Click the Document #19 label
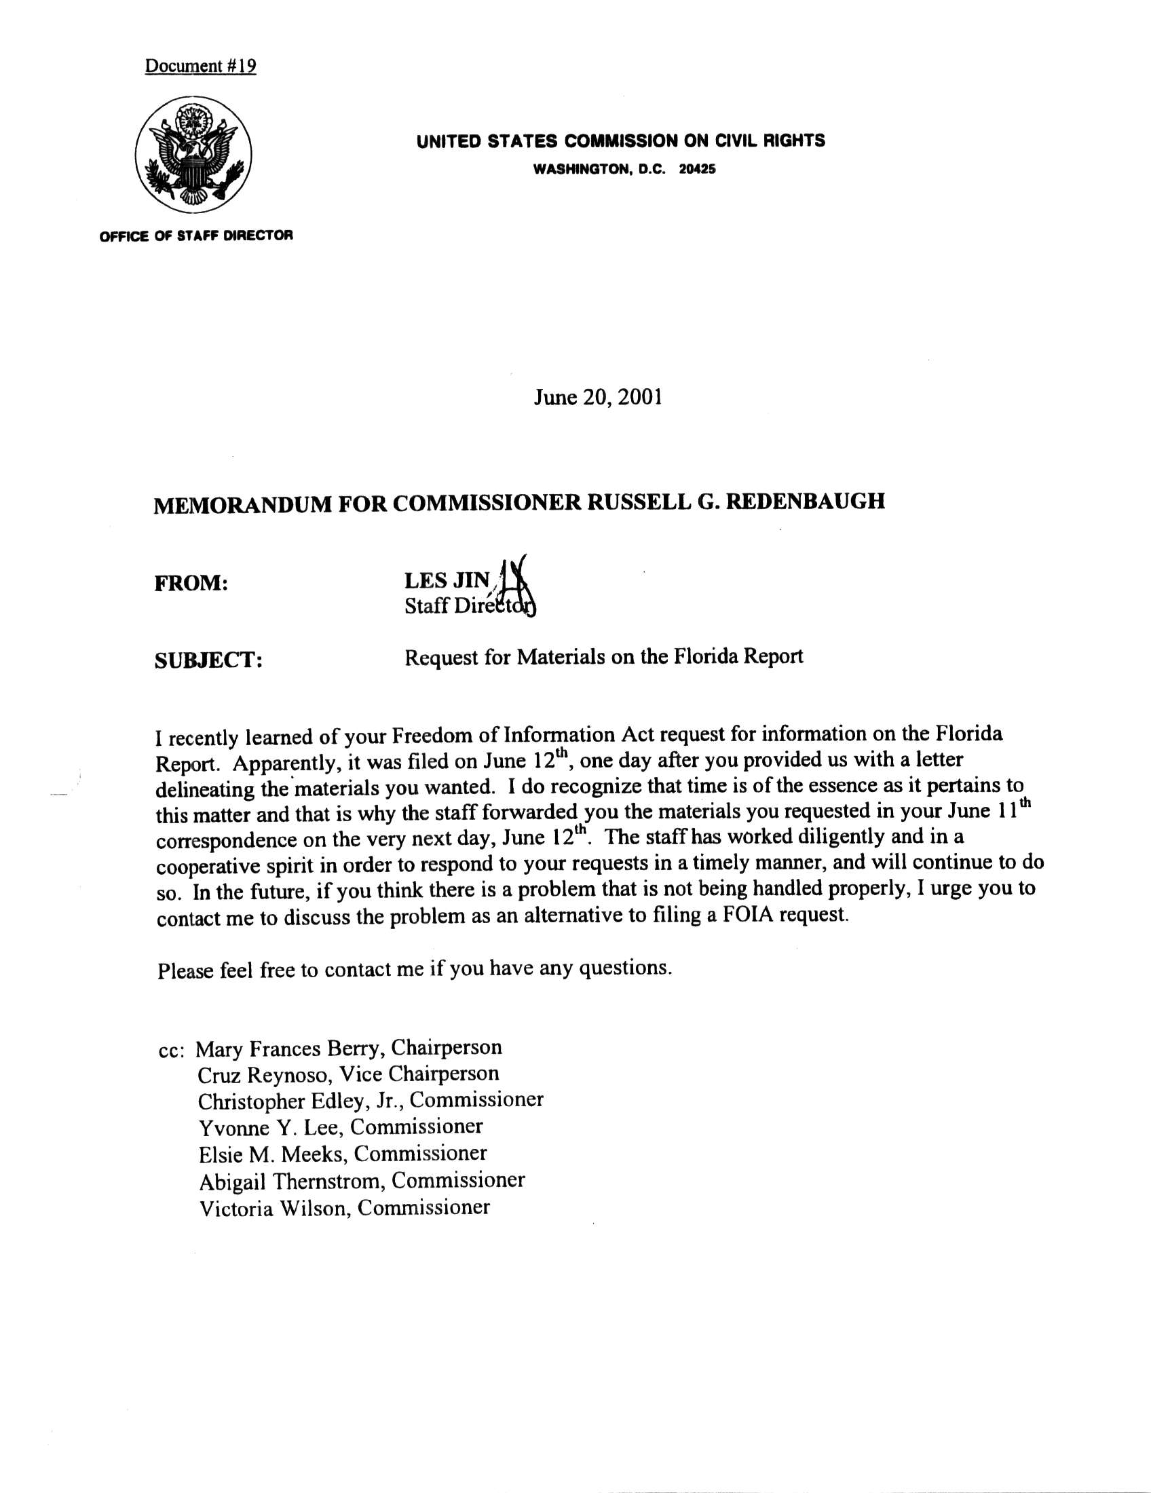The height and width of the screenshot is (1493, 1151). coord(200,67)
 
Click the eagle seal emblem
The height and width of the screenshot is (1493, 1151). coord(193,154)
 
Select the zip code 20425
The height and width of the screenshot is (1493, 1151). coord(697,169)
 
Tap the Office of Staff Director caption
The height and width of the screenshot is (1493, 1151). coord(196,236)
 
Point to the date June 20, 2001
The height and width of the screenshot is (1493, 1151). coord(597,397)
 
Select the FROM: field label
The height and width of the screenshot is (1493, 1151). coord(191,583)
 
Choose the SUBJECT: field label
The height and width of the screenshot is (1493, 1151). coord(209,660)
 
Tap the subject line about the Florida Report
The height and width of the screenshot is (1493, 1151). coord(603,657)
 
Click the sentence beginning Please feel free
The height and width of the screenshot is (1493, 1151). coord(414,968)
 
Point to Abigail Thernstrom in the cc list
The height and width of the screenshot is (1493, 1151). coord(290,1181)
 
